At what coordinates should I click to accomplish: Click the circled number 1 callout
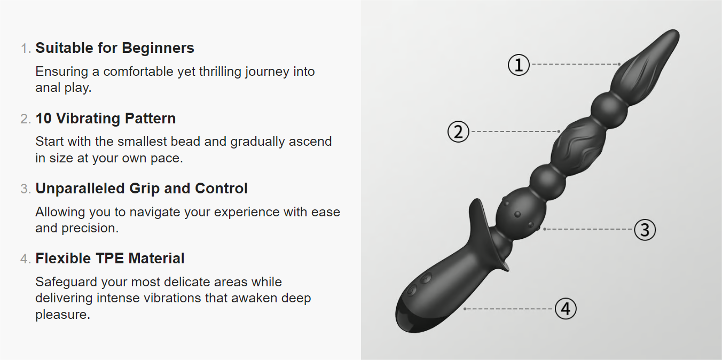click(x=519, y=65)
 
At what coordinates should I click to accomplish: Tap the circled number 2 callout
click(x=458, y=131)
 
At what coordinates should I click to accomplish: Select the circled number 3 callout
click(x=645, y=230)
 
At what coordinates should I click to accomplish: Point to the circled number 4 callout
click(x=566, y=309)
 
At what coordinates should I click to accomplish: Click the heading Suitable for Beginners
click(x=115, y=48)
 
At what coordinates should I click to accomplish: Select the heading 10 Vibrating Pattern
click(x=106, y=118)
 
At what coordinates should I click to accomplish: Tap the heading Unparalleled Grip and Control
click(x=142, y=188)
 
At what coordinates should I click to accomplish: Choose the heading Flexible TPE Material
click(x=110, y=258)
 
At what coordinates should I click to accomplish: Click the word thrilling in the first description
click(x=220, y=72)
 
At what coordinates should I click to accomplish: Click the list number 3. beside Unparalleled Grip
click(x=26, y=189)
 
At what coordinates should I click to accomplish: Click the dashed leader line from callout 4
click(x=509, y=309)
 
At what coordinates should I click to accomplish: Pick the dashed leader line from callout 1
click(x=576, y=64)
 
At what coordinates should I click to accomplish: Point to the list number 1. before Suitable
click(x=26, y=49)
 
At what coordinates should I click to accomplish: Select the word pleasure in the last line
click(x=62, y=315)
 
